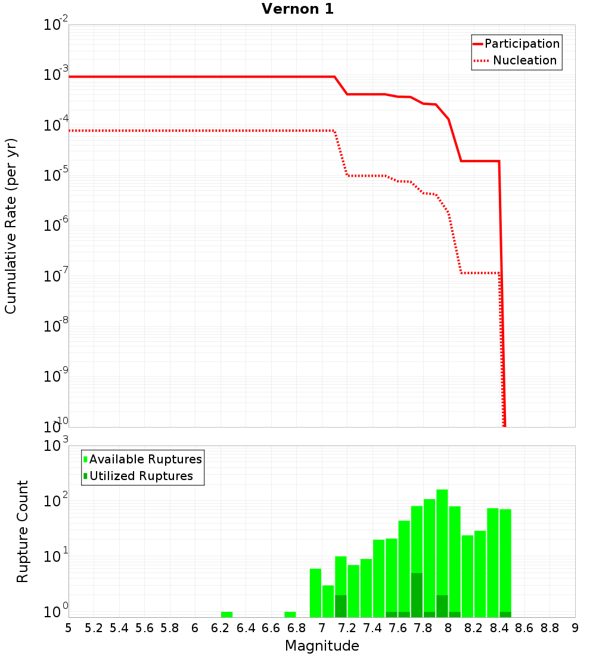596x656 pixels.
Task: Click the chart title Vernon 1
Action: (298, 9)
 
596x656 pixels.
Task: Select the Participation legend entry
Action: (521, 44)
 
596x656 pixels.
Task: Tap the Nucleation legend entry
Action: (524, 60)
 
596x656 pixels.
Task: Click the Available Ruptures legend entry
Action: (145, 459)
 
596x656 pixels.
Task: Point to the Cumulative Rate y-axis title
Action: (11, 226)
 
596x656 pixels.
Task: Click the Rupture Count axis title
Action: (23, 531)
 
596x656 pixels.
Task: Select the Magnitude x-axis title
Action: (322, 646)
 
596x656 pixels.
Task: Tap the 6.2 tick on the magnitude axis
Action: (220, 627)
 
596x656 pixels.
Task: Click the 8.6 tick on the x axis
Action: (524, 627)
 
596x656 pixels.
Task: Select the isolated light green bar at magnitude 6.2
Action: (226, 614)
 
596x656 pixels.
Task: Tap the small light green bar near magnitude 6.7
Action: (290, 614)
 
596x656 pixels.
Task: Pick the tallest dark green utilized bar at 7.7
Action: (417, 595)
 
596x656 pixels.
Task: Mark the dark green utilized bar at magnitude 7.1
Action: (341, 606)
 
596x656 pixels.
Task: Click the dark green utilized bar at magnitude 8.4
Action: (505, 614)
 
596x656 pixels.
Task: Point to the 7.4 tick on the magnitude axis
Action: (372, 627)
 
